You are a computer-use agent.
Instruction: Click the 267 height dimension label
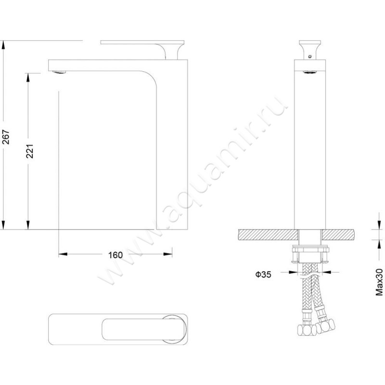point(6,137)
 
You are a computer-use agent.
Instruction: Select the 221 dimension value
point(30,151)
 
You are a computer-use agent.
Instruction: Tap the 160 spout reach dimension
point(115,255)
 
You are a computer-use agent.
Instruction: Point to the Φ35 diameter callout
point(263,274)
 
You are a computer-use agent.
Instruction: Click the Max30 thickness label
point(379,282)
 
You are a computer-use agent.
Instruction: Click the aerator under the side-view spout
point(59,72)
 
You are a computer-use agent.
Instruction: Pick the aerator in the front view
point(310,72)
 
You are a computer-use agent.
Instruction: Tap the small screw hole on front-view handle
point(310,56)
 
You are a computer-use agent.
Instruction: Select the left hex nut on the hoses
point(307,330)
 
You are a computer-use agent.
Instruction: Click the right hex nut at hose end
point(325,326)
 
